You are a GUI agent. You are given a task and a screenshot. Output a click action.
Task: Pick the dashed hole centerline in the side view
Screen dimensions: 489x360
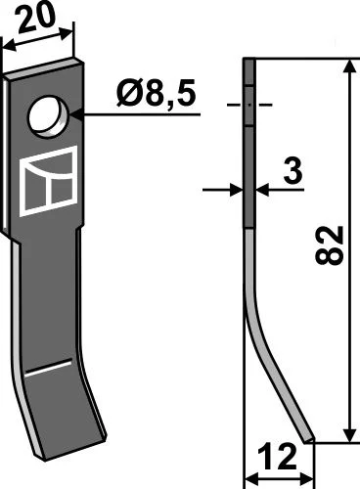click(249, 103)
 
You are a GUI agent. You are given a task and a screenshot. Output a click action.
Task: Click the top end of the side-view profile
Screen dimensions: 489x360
click(248, 62)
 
